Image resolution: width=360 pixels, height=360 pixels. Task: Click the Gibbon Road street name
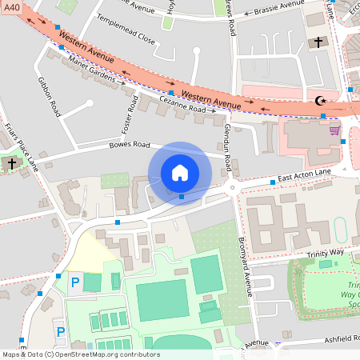point(50,96)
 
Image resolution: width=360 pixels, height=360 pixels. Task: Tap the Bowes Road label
point(130,146)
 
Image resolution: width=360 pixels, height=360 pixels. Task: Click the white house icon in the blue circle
point(180,173)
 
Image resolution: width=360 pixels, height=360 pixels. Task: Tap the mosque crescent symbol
point(322,102)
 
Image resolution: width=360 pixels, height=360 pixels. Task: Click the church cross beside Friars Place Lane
point(11,163)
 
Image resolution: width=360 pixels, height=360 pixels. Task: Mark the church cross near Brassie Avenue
point(318,42)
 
